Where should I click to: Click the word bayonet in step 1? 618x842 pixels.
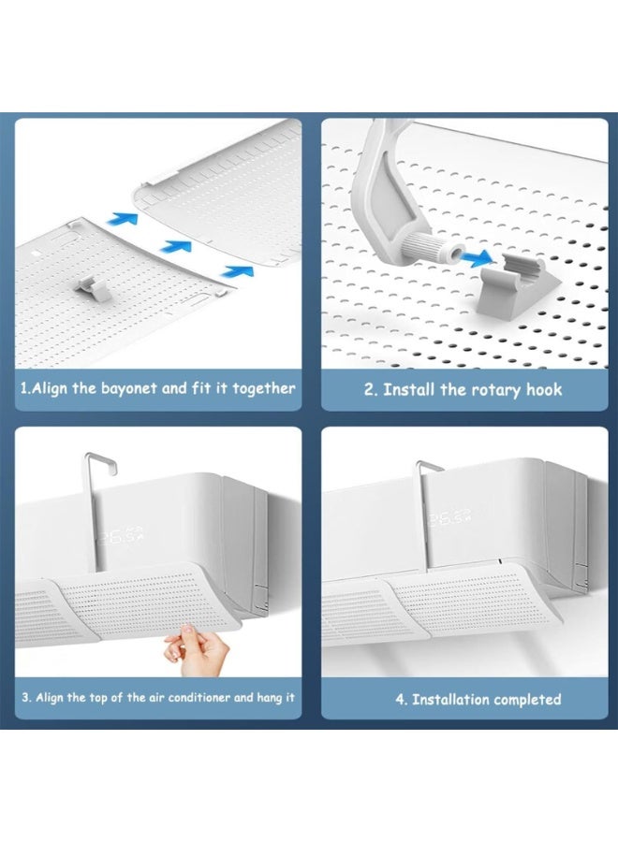tap(129, 389)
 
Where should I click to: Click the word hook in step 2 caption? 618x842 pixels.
tap(544, 389)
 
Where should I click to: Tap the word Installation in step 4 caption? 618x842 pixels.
tap(450, 699)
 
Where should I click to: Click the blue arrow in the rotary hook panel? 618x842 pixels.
tap(476, 258)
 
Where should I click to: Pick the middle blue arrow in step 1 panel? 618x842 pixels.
tap(176, 247)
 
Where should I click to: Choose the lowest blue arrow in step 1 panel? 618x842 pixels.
tap(237, 271)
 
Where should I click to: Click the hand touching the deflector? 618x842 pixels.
tap(196, 650)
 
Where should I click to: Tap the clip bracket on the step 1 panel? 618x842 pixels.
tap(94, 289)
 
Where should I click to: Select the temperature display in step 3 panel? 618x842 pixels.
tap(122, 535)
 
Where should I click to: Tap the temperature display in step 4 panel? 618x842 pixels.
tap(449, 518)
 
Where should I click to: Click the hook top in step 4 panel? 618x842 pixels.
tap(429, 466)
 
